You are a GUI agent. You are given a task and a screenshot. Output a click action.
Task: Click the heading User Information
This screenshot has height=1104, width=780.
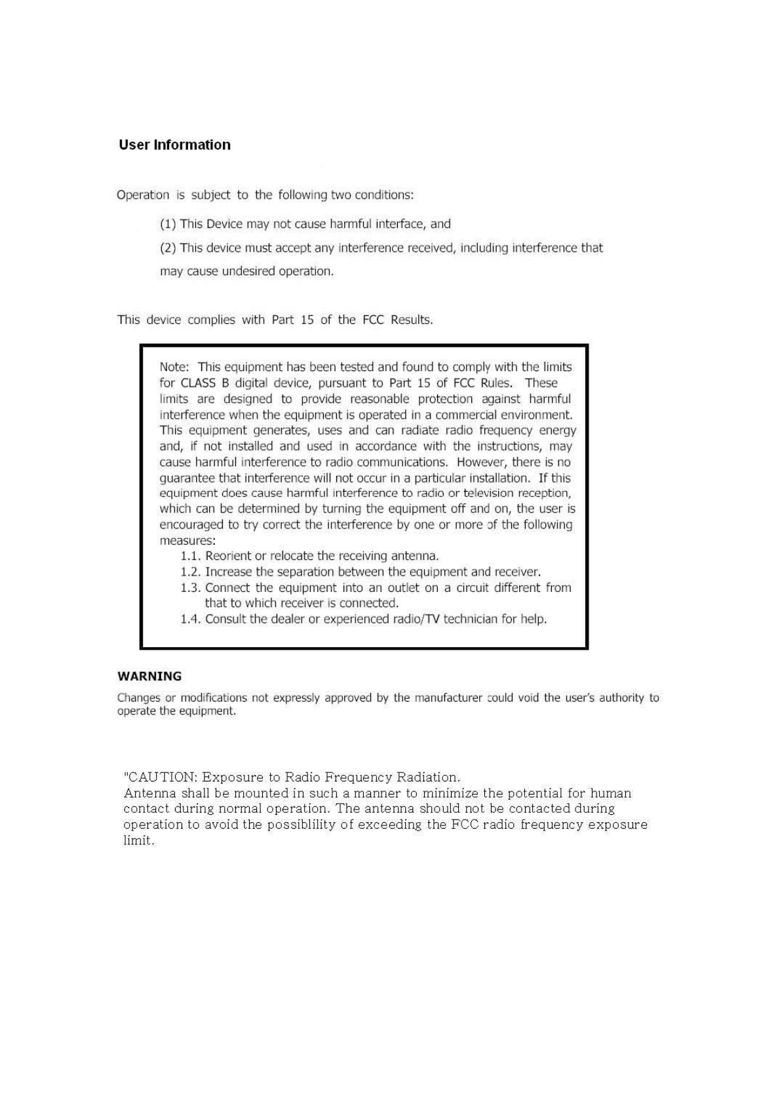[x=174, y=145]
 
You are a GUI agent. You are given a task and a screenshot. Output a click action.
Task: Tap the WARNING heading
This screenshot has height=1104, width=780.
[x=149, y=676]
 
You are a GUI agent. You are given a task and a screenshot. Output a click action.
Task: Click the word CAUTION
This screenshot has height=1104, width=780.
[x=163, y=778]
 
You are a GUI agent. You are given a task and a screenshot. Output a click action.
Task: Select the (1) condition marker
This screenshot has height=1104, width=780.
[x=168, y=224]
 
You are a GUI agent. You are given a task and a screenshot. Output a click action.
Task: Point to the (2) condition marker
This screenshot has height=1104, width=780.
[x=168, y=248]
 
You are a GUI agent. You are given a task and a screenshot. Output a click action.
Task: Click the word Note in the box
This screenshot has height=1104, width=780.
[x=174, y=367]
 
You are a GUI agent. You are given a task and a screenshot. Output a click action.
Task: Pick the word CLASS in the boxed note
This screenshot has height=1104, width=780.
[x=198, y=383]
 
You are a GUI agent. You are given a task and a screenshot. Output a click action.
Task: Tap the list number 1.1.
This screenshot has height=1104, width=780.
[x=191, y=556]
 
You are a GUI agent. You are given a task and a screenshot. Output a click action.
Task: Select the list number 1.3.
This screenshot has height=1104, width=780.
[x=191, y=588]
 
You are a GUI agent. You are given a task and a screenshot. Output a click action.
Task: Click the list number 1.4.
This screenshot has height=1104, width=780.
[x=191, y=619]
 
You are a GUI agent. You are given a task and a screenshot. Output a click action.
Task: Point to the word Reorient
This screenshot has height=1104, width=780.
[x=228, y=556]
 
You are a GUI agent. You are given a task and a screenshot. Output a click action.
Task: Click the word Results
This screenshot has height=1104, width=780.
[x=412, y=320]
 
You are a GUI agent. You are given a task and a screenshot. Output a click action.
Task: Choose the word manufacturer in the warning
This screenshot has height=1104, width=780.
[x=448, y=698]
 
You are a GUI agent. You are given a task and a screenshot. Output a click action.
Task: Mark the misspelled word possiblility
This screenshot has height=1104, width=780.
[x=312, y=825]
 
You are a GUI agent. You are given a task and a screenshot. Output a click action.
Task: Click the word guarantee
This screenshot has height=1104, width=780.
[x=187, y=478]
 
